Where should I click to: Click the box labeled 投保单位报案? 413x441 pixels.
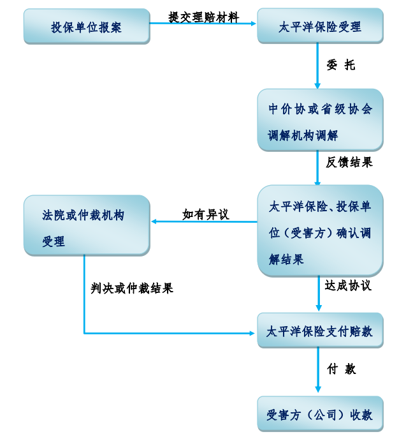point(86,27)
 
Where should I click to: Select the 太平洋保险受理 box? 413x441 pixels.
point(320,27)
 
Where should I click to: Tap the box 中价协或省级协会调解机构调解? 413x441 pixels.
point(320,121)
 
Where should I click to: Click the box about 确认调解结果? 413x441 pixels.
point(320,232)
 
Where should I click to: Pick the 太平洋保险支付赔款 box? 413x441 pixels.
point(320,331)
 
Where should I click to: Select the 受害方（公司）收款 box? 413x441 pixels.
point(320,414)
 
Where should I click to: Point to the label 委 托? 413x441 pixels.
point(340,65)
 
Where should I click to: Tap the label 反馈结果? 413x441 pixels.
point(349,162)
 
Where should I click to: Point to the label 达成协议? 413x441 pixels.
point(348,285)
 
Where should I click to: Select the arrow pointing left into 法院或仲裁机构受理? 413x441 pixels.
point(204,222)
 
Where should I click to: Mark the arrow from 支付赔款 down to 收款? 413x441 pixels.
point(317,371)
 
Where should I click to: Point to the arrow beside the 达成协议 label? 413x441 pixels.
point(319,294)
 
